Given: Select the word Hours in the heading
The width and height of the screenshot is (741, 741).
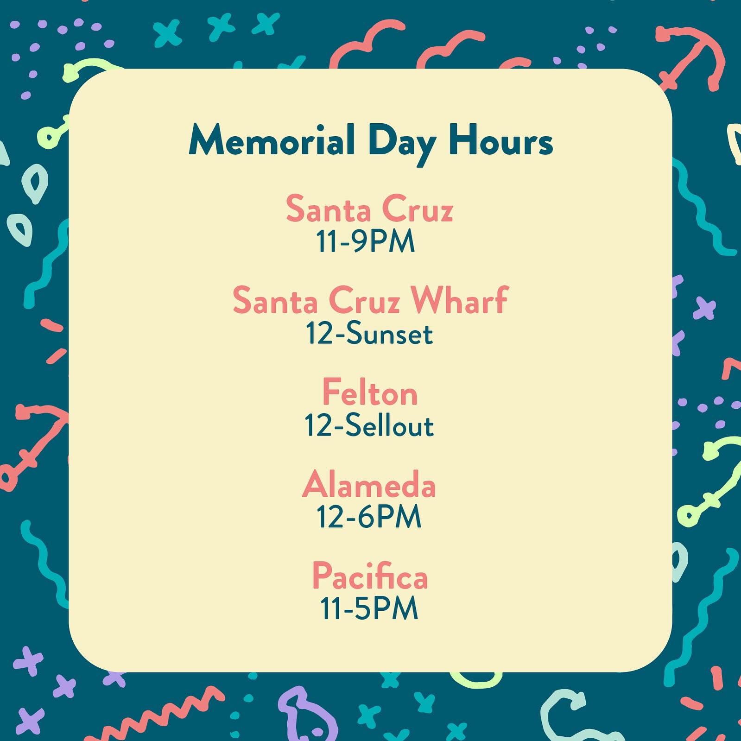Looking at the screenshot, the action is pyautogui.click(x=501, y=140).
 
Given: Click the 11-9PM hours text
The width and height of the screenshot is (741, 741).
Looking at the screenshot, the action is pyautogui.click(x=365, y=241).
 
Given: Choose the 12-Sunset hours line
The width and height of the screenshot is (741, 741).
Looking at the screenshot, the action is pyautogui.click(x=369, y=333).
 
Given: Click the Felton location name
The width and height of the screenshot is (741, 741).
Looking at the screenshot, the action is pyautogui.click(x=370, y=392).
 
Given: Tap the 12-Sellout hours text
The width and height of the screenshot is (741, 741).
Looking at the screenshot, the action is pyautogui.click(x=369, y=425).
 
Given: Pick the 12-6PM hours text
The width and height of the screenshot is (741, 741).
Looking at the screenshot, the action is pyautogui.click(x=369, y=517).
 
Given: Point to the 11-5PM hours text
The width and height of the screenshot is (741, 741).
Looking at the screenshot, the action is pyautogui.click(x=369, y=608).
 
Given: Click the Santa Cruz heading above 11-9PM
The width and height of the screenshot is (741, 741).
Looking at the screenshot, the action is pyautogui.click(x=369, y=209).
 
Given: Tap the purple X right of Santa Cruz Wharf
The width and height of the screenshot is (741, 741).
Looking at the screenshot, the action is pyautogui.click(x=704, y=308).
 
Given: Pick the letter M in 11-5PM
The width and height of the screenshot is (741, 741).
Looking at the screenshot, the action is pyautogui.click(x=406, y=609).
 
